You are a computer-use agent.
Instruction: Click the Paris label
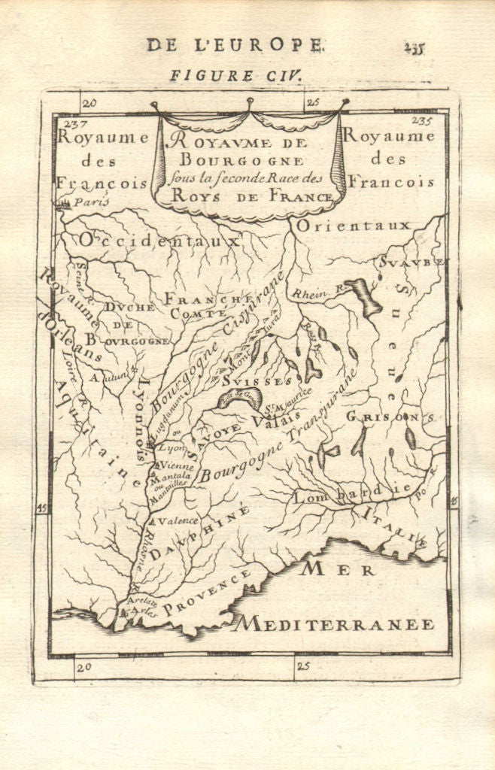click(87, 202)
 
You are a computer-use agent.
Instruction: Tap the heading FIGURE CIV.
click(234, 75)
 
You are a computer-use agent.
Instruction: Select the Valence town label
click(178, 520)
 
